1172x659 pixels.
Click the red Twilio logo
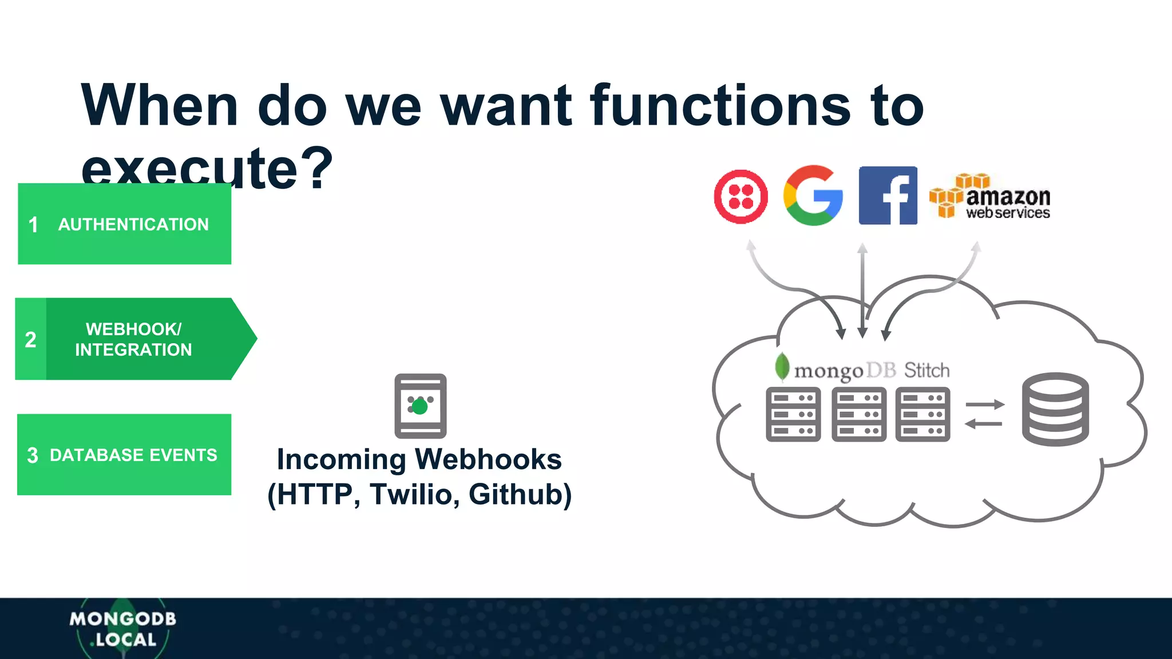pyautogui.click(x=741, y=196)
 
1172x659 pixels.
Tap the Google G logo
pyautogui.click(x=813, y=196)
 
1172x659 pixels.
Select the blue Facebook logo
pyautogui.click(x=888, y=196)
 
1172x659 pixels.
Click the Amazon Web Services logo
pyautogui.click(x=990, y=197)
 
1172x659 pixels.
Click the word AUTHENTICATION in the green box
pyautogui.click(x=133, y=224)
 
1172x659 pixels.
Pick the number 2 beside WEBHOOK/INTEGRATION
pyautogui.click(x=31, y=340)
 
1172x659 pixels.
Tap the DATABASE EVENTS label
pyautogui.click(x=133, y=455)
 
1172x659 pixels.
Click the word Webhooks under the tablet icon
pyautogui.click(x=488, y=459)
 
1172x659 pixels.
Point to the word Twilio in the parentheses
pyautogui.click(x=412, y=495)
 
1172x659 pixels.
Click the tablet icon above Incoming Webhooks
pyautogui.click(x=421, y=406)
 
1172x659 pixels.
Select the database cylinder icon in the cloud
pyautogui.click(x=1055, y=409)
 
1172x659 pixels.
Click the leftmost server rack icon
pyautogui.click(x=793, y=414)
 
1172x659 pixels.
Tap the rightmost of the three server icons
pyautogui.click(x=922, y=414)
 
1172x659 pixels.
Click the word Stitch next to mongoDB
pyautogui.click(x=926, y=371)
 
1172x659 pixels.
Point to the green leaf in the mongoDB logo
pyautogui.click(x=782, y=366)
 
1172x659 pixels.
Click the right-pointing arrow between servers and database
pyautogui.click(x=984, y=404)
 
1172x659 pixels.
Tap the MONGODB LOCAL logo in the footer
pyautogui.click(x=123, y=629)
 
